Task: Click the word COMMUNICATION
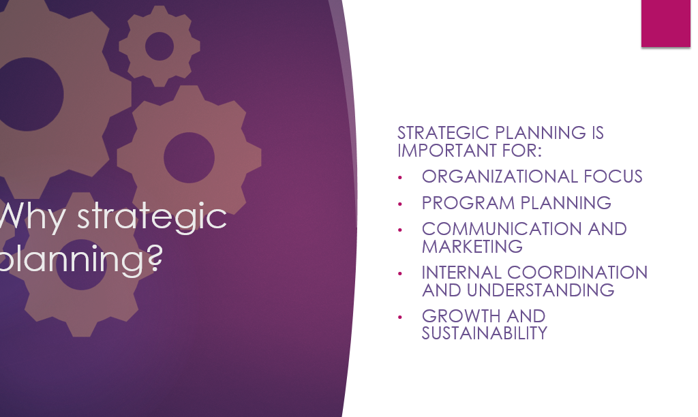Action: click(502, 229)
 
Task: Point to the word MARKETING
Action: click(472, 247)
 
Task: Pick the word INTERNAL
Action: click(461, 273)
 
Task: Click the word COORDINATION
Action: click(577, 273)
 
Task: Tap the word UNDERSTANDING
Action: click(541, 290)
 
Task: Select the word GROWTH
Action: click(461, 316)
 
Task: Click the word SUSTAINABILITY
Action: click(485, 333)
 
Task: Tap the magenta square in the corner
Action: click(666, 23)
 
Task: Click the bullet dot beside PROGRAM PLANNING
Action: click(399, 204)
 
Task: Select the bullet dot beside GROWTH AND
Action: click(399, 317)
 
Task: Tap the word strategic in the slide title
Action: click(152, 217)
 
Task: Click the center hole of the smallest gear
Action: click(160, 46)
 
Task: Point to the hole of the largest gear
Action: click(27, 94)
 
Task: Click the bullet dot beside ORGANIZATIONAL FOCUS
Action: click(399, 178)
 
